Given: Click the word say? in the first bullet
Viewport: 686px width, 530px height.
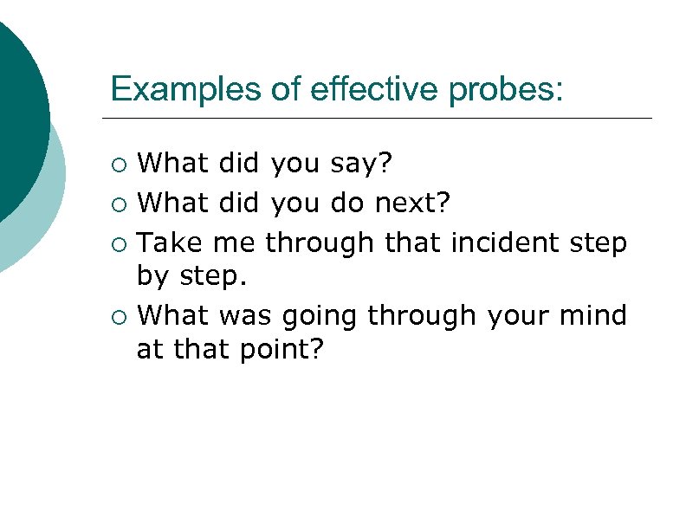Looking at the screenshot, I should [369, 163].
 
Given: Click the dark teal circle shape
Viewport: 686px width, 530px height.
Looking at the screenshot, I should [17, 121].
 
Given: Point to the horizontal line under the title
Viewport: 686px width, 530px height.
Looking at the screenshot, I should [377, 118].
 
